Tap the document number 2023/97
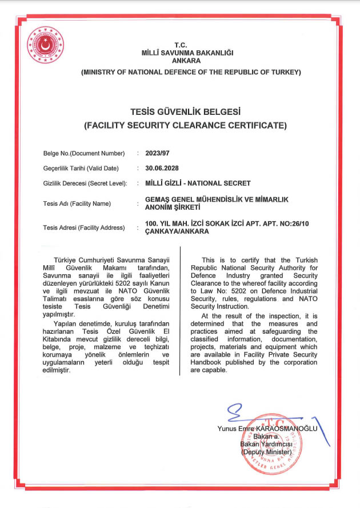point(157,153)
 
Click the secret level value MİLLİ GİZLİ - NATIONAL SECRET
point(198,183)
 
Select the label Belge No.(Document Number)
point(84,153)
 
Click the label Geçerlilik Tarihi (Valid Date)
point(81,168)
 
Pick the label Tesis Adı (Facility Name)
point(77,203)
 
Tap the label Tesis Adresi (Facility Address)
point(84,227)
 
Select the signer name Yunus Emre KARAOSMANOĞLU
point(267,429)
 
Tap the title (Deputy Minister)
point(266,452)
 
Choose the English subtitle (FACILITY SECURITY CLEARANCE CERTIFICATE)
point(185,125)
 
